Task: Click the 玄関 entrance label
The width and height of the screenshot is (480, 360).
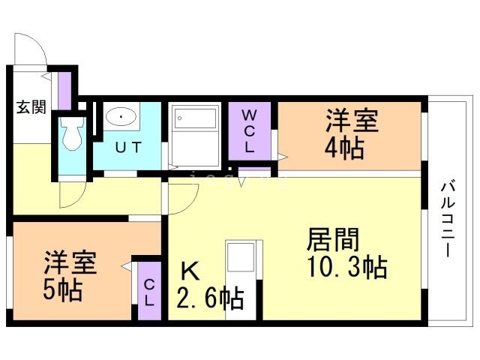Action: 31,107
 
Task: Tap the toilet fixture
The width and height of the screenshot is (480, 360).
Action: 72,133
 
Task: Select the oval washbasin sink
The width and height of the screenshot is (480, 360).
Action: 121,117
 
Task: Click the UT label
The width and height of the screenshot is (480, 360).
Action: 128,148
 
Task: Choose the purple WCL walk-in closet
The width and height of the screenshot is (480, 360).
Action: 250,131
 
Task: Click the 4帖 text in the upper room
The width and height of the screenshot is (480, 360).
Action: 344,148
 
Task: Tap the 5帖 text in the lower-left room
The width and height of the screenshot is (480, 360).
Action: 63,290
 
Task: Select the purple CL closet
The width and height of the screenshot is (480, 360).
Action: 149,291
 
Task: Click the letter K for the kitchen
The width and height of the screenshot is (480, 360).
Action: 190,271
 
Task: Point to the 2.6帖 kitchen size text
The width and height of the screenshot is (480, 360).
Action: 210,298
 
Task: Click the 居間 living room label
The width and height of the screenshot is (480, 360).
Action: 333,240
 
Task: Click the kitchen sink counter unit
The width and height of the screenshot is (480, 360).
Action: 241,280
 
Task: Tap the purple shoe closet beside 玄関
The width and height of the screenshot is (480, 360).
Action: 65,91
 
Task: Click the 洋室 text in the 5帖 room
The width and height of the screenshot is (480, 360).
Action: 70,262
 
